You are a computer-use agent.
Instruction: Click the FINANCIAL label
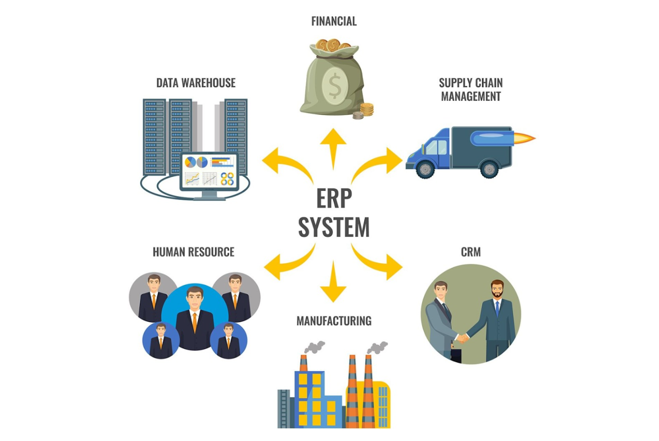(334, 21)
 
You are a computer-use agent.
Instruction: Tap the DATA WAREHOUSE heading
(196, 83)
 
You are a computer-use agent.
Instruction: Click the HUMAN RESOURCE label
(193, 252)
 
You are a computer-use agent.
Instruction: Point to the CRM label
(470, 252)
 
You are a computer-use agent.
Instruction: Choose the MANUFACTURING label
(334, 321)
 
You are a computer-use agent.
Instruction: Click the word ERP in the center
(334, 198)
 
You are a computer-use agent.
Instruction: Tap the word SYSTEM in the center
(334, 228)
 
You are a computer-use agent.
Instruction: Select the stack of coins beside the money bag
(366, 110)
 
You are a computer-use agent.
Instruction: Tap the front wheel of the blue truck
(425, 169)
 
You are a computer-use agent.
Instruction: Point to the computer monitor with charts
(209, 172)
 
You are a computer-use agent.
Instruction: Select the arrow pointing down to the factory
(333, 283)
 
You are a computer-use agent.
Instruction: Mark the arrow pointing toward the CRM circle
(381, 263)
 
